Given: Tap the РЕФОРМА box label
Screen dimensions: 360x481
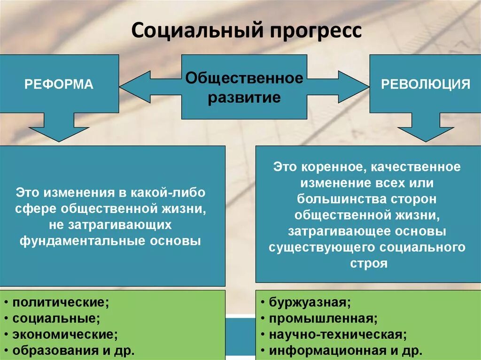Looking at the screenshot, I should [59, 84].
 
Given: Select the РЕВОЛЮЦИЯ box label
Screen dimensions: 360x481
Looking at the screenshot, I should [425, 84].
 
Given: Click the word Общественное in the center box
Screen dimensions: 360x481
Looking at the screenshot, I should [244, 78].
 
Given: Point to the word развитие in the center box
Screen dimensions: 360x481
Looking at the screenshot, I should [244, 98].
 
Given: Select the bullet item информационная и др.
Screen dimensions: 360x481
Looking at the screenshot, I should [345, 350].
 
